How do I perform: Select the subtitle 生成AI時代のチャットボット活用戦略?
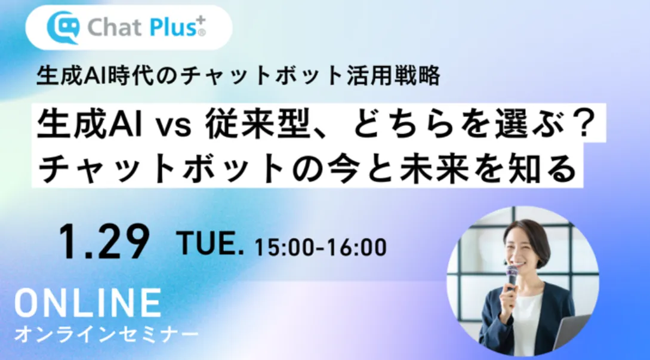click(239, 76)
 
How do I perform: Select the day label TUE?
click(211, 245)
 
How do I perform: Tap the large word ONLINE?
click(88, 303)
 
